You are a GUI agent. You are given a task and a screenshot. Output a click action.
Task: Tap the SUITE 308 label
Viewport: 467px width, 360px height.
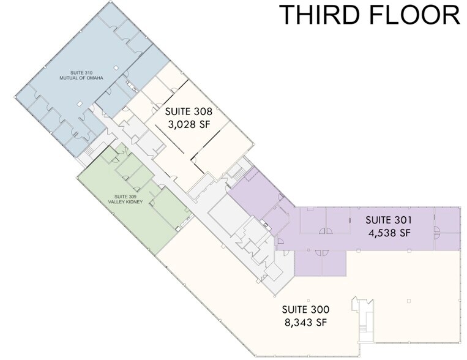coord(189,111)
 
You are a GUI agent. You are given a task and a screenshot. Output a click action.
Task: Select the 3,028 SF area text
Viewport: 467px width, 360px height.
coord(189,124)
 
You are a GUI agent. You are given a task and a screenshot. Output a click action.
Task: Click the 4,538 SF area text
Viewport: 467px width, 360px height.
coord(389,233)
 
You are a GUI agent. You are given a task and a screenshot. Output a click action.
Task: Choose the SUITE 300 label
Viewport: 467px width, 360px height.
coord(306,309)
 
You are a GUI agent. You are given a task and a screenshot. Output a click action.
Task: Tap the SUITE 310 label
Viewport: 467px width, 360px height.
coord(81,73)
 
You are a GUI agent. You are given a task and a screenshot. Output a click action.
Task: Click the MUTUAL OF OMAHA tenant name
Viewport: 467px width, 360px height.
coord(81,78)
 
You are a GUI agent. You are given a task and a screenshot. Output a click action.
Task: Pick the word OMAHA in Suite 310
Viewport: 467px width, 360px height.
coord(95,78)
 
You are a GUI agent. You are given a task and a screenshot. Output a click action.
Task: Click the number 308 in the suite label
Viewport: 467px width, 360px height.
coord(203,111)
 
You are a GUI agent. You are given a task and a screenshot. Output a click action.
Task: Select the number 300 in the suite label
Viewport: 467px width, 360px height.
coord(320,309)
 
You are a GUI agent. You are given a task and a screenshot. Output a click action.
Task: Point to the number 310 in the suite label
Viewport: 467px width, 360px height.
coord(89,73)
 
